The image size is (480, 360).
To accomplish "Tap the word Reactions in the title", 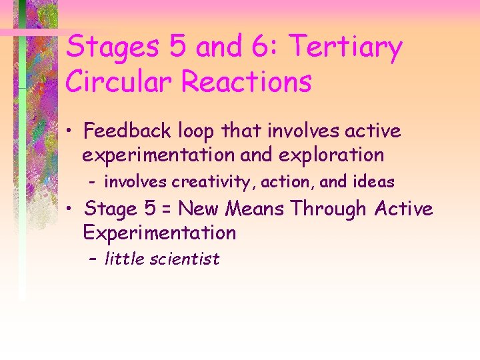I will (x=246, y=82).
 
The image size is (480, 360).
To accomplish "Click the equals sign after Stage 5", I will (x=166, y=209).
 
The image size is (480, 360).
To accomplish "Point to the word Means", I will (x=255, y=209).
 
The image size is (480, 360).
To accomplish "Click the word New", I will (x=199, y=209).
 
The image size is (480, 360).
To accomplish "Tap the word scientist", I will (x=183, y=259).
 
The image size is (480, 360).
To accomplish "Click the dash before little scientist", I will (x=94, y=259).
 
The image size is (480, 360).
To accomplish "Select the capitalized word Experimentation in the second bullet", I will (x=159, y=233).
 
